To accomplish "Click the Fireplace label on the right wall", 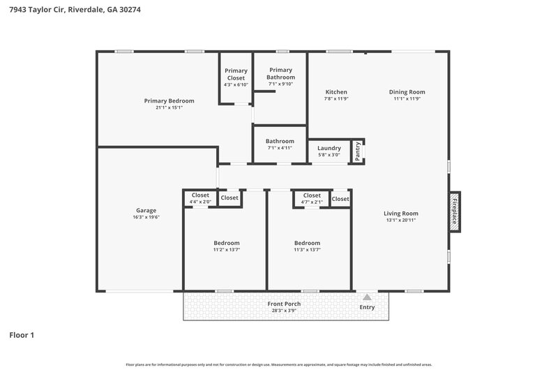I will click(454, 212).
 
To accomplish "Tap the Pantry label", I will click(357, 151).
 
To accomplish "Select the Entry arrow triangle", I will click(367, 297).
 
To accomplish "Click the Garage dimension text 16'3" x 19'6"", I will click(146, 217).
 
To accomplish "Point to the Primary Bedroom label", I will click(169, 101).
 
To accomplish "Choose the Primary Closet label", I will click(236, 74).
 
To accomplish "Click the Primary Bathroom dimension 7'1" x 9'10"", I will click(280, 84).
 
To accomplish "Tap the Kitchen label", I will click(335, 92).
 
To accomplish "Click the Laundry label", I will click(329, 148).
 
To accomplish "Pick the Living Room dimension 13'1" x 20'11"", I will click(401, 221).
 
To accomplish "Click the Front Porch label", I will click(284, 304).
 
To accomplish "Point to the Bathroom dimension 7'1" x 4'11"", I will click(280, 148).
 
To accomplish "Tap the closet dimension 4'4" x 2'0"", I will click(200, 202).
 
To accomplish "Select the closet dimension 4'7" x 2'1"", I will click(312, 202).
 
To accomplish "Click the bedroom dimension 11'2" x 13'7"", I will click(226, 250).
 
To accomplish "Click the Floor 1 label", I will click(22, 335).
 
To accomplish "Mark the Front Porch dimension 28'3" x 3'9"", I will click(284, 311).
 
